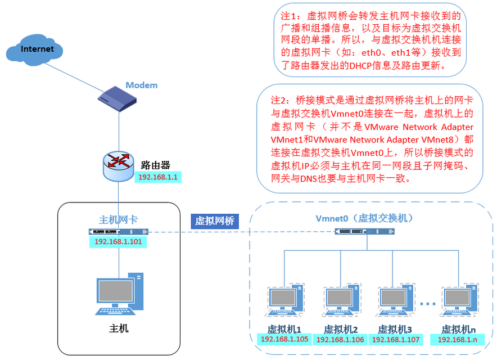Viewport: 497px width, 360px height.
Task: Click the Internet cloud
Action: [x=34, y=50]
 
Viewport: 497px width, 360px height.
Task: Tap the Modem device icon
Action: [x=117, y=98]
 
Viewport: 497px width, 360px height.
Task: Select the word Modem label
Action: [x=141, y=85]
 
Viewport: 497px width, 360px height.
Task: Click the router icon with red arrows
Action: [x=118, y=165]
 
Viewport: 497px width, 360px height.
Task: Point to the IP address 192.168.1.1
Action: [x=158, y=177]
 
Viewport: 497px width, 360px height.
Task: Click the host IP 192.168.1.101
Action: [x=118, y=242]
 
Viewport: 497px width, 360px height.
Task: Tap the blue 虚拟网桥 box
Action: [x=215, y=220]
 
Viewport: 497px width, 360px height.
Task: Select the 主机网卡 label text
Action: [x=118, y=219]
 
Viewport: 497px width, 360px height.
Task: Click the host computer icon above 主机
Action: [x=120, y=294]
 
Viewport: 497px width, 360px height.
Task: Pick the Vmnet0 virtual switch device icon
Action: [x=364, y=231]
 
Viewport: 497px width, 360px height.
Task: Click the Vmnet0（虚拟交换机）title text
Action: [x=364, y=218]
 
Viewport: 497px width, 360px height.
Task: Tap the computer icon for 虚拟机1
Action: [x=284, y=300]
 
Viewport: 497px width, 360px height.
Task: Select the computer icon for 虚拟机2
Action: [x=341, y=300]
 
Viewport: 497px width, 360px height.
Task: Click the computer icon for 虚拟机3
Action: [x=395, y=300]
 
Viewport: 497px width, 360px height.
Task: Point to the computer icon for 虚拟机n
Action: [x=459, y=300]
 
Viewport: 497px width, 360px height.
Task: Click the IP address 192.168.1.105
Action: [x=284, y=339]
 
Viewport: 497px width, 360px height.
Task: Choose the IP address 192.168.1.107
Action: [x=396, y=339]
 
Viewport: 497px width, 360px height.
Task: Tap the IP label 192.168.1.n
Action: [x=458, y=339]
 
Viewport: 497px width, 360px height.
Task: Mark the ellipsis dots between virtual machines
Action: [x=428, y=304]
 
